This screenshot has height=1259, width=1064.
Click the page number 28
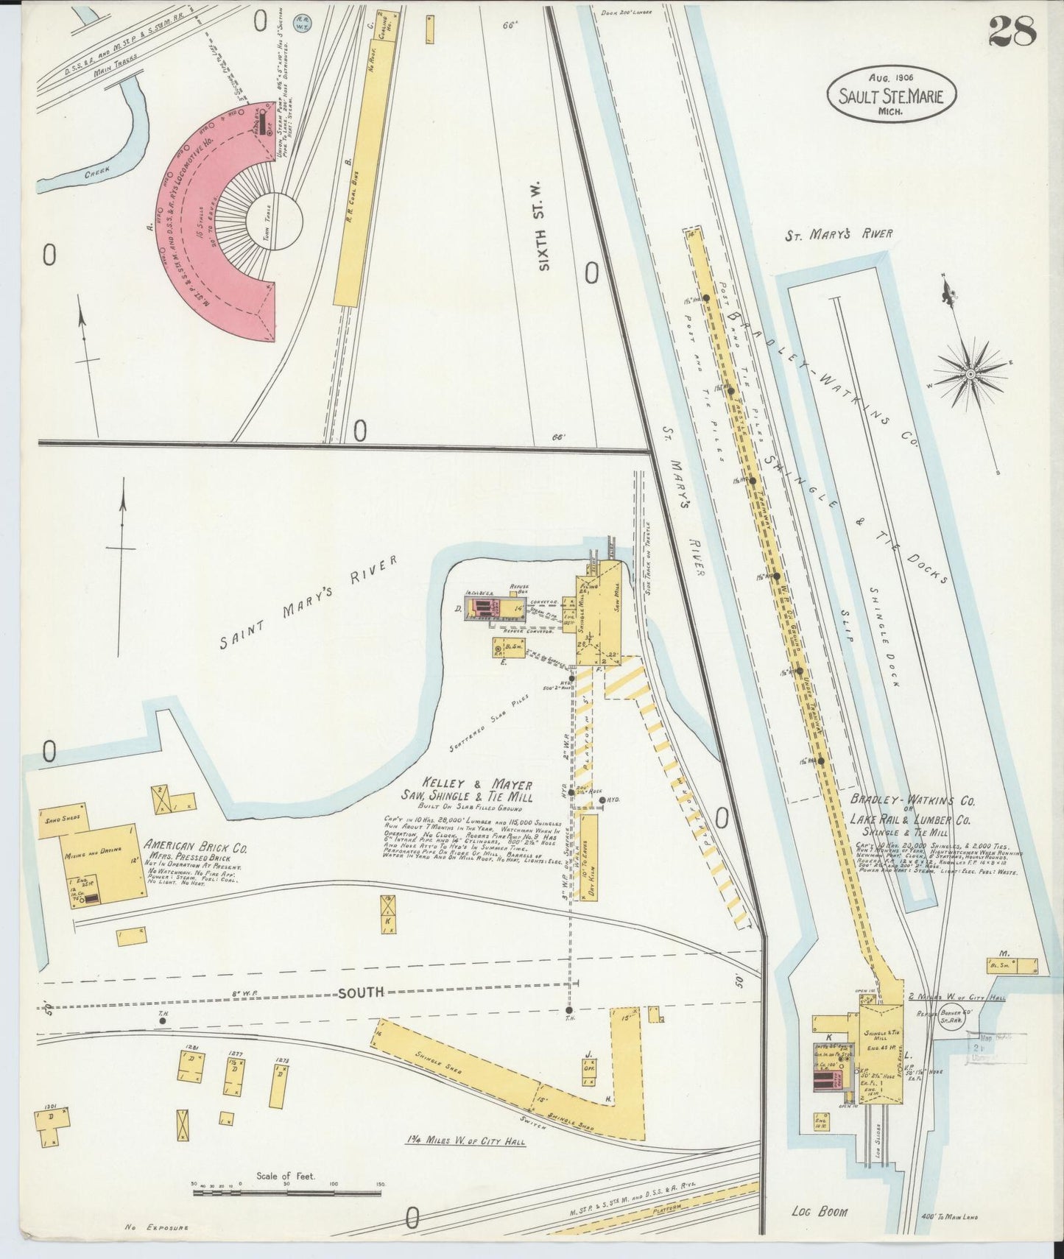point(1012,31)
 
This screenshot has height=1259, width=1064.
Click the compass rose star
point(970,374)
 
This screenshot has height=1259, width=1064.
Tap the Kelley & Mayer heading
point(466,786)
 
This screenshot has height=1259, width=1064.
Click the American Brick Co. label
point(197,847)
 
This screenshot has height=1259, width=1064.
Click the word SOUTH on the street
point(361,992)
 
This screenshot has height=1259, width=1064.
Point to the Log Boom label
point(820,1212)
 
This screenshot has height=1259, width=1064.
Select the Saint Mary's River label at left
point(308,603)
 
